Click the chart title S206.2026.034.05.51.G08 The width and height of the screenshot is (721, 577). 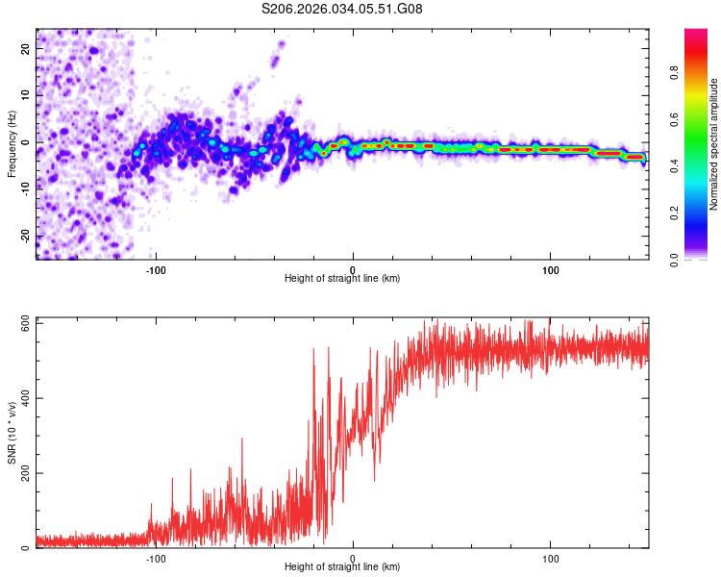coord(342,9)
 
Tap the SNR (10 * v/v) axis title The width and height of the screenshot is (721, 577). coord(12,433)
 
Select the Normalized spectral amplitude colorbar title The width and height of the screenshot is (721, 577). coord(713,144)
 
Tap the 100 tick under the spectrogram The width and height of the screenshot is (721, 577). coord(551,268)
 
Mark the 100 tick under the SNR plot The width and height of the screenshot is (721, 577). coord(551,559)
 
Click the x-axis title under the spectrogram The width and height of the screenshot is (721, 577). coord(342,279)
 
